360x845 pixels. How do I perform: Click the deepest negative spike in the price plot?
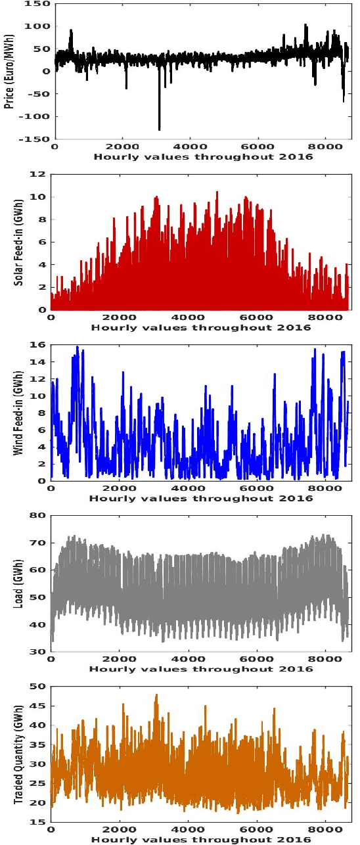coord(159,129)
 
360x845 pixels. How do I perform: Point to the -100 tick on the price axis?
coord(37,117)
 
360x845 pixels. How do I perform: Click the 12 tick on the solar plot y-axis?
coord(39,174)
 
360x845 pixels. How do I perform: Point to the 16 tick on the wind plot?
coord(39,345)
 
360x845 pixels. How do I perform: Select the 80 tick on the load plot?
coord(39,516)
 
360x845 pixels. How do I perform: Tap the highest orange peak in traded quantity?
coord(156,695)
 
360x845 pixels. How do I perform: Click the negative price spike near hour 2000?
coord(126,88)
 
